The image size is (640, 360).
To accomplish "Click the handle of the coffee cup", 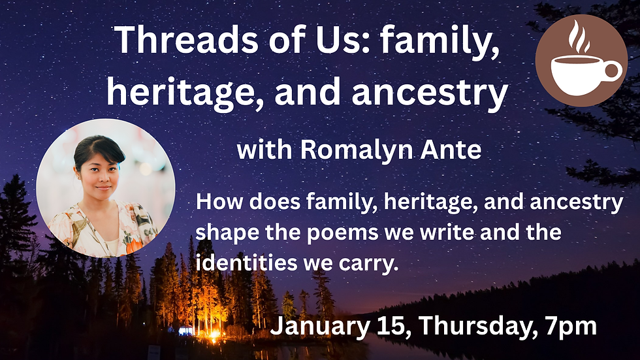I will click(x=613, y=71).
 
